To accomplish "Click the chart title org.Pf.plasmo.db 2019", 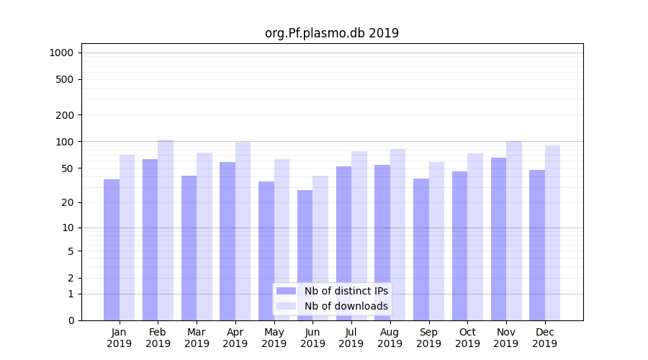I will tap(331, 33).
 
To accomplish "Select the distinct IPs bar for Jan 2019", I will tap(112, 249).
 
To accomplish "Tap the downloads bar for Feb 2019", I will tap(166, 230).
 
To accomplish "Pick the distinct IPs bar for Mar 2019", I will tap(189, 248).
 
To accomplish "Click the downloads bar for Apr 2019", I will tap(243, 230).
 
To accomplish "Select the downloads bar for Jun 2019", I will tap(320, 248).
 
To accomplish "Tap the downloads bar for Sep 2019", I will tap(436, 240).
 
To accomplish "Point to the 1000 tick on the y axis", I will tap(61, 53).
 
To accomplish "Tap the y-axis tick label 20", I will tap(68, 202).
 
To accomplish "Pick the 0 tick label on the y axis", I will tap(71, 320).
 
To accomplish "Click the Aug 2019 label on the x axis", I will tap(390, 338).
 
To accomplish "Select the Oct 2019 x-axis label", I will tap(467, 338).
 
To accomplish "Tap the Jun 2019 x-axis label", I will tap(312, 338).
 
